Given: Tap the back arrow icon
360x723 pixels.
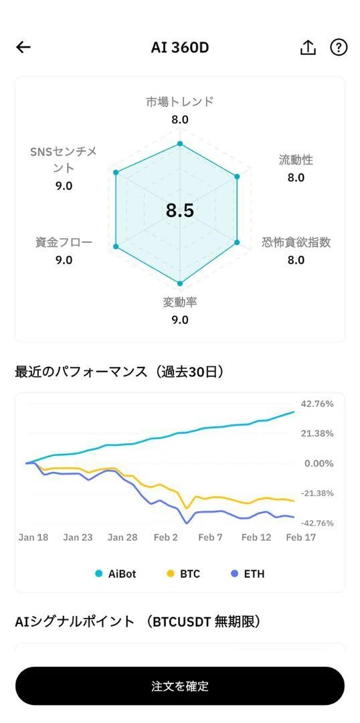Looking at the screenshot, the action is pos(23,47).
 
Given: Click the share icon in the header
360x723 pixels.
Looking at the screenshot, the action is pos(308,47).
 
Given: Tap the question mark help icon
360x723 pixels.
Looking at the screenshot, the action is pos(339,47).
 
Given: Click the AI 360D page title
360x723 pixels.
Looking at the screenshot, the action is pos(180,47).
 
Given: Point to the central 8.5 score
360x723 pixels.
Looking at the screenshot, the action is pos(180,210).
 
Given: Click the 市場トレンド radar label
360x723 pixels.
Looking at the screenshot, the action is pos(180,102).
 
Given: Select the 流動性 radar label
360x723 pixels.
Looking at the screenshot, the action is pos(296,160).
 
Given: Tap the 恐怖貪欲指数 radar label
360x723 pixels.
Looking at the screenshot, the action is pos(296,242).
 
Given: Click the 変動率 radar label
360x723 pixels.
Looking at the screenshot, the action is pos(180,303).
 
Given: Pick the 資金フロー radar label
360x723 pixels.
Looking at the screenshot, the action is pos(64,242).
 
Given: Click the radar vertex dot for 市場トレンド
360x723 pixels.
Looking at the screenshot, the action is pos(180,144).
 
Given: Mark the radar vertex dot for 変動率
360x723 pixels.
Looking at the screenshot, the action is pos(180,284).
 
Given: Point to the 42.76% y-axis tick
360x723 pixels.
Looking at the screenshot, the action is pos(317,404).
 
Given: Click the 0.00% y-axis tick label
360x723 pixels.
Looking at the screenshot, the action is pos(319,463).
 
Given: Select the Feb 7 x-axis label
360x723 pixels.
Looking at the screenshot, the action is pos(210,538).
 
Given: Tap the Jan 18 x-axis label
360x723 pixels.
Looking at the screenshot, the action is pos(33,538).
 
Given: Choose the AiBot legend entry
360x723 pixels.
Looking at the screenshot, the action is pos(116,574).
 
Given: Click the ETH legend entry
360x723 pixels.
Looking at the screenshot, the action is pos(248,574).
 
